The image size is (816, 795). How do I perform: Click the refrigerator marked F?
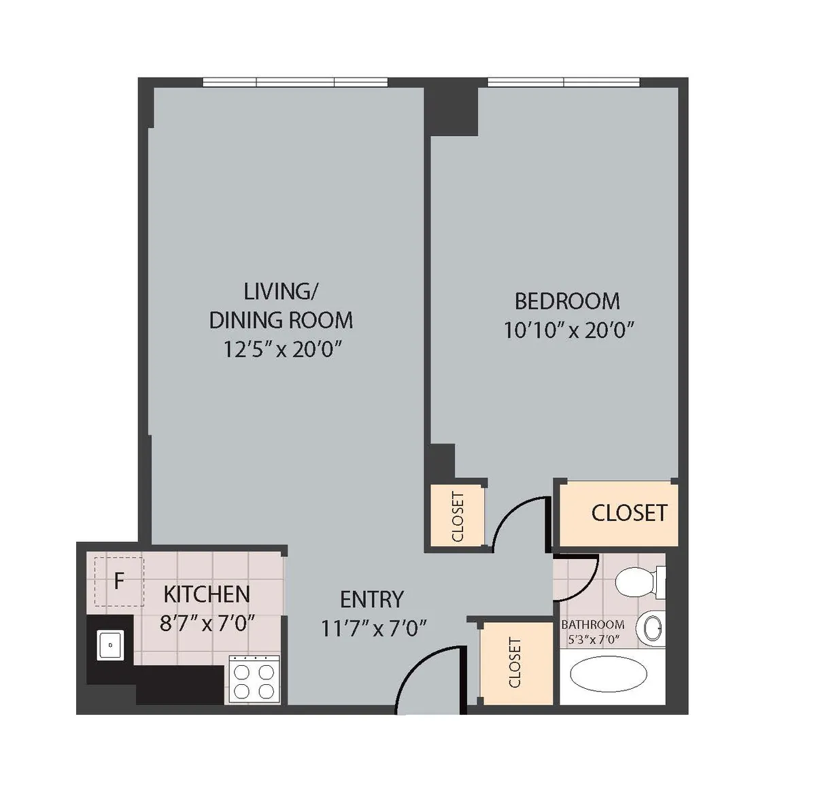pyautogui.click(x=119, y=581)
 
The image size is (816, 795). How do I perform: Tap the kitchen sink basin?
pyautogui.click(x=110, y=645)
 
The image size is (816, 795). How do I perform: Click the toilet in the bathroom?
pyautogui.click(x=639, y=581)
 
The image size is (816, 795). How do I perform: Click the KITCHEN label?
pyautogui.click(x=207, y=594)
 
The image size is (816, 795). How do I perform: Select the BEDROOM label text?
pyautogui.click(x=567, y=301)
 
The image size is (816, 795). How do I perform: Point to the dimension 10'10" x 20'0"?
pyautogui.click(x=568, y=331)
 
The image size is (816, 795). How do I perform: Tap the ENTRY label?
pyautogui.click(x=372, y=599)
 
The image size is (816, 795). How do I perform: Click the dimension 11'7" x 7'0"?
pyautogui.click(x=373, y=628)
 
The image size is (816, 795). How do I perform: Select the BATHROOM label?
pyautogui.click(x=592, y=624)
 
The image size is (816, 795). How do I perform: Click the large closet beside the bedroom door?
pyautogui.click(x=619, y=513)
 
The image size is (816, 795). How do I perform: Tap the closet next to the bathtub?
pyautogui.click(x=515, y=663)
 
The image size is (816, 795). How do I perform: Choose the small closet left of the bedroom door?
pyautogui.click(x=457, y=516)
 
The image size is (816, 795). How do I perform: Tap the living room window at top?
pyautogui.click(x=295, y=82)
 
